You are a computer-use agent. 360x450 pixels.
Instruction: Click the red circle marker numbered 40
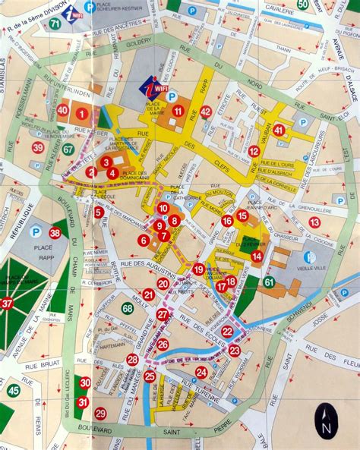point(63,111)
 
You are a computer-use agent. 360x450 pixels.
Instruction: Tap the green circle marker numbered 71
point(55,24)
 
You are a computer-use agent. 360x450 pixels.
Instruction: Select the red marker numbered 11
point(178,111)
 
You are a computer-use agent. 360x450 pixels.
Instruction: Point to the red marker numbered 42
point(205,112)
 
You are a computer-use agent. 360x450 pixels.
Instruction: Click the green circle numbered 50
point(303,5)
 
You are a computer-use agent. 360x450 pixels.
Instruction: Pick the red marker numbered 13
point(314,222)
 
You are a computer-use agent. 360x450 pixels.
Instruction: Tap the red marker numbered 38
point(55,233)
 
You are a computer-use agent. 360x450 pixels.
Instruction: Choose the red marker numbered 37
point(7,304)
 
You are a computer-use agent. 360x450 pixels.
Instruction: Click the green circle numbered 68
point(127,308)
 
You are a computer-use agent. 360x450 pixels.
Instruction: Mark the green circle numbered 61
point(268,282)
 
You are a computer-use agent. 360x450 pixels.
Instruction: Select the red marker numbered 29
point(100,414)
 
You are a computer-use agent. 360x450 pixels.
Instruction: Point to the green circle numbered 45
point(13,391)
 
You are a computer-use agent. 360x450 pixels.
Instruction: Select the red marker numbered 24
point(201,373)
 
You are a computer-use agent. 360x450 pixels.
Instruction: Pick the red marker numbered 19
point(198,269)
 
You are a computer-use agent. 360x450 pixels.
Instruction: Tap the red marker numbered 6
point(143,240)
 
